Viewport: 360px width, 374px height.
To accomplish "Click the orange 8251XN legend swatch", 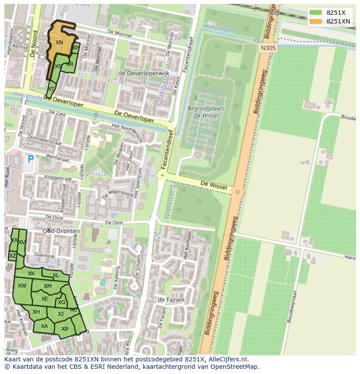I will [x=316, y=21].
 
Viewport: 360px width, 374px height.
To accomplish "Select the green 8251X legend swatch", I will [x=316, y=13].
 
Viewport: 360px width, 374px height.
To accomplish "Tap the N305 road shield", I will [x=268, y=48].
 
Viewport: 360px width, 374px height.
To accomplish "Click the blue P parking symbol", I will [x=30, y=159].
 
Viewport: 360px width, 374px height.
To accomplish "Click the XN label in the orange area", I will [x=59, y=43].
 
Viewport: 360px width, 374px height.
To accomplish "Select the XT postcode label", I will [x=51, y=89].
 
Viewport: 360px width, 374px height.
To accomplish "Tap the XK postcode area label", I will [x=31, y=274].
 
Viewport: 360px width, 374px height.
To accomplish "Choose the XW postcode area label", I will [x=22, y=285].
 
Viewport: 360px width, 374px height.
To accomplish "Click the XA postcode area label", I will [x=44, y=326].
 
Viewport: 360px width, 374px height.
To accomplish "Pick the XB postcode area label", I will [x=65, y=328].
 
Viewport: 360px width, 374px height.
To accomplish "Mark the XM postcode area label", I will [x=48, y=286].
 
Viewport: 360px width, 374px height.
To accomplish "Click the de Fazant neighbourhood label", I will [x=171, y=300].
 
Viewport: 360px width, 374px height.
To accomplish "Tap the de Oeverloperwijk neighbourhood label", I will [x=143, y=73].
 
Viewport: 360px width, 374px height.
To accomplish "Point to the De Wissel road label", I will [x=214, y=185].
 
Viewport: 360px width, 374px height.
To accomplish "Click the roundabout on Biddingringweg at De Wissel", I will [x=237, y=192].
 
